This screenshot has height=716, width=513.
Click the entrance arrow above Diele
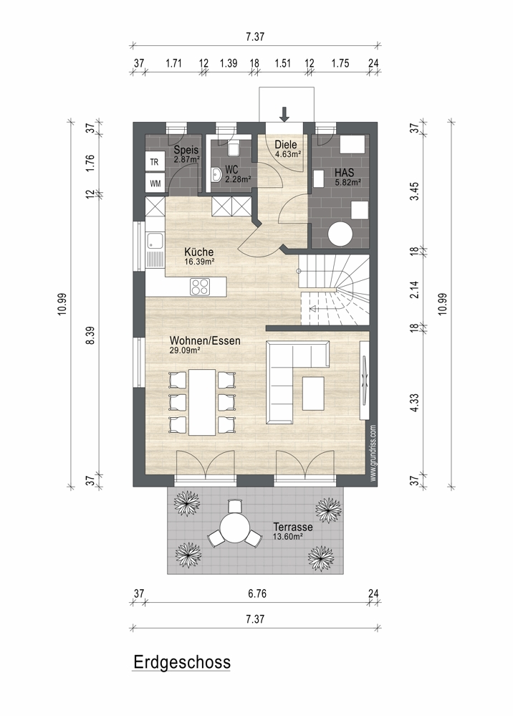click(x=284, y=114)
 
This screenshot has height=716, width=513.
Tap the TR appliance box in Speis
click(x=154, y=162)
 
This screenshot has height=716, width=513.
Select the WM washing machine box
click(x=155, y=183)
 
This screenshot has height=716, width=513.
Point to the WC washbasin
click(x=217, y=174)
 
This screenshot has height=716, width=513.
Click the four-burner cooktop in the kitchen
click(x=200, y=287)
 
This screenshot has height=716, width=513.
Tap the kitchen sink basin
click(x=155, y=241)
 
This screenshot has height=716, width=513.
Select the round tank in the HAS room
click(x=340, y=234)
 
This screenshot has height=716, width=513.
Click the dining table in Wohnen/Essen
click(x=202, y=402)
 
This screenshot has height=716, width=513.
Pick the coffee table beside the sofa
click(x=313, y=393)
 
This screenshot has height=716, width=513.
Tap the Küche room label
click(x=199, y=252)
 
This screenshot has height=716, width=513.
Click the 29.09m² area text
click(x=185, y=350)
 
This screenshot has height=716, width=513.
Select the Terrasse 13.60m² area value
click(x=287, y=537)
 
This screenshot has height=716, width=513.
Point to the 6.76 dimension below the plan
click(x=257, y=593)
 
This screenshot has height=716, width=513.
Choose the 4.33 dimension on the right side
click(x=414, y=403)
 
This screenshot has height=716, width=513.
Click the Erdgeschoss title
click(x=182, y=662)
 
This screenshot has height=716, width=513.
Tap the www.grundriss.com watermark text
click(x=373, y=453)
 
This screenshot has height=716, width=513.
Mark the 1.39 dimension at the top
click(x=229, y=63)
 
